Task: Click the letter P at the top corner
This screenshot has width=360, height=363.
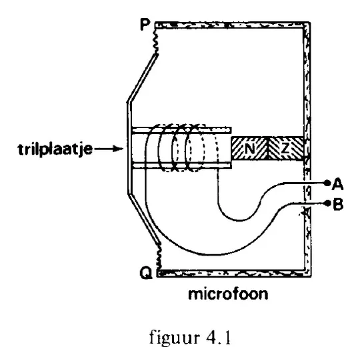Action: click(145, 25)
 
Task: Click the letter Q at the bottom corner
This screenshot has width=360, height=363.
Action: click(146, 272)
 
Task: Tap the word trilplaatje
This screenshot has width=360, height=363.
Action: click(55, 149)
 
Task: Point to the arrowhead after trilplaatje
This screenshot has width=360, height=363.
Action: click(119, 149)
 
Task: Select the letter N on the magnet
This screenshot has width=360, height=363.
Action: click(249, 148)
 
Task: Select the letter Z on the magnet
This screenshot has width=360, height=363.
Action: click(285, 148)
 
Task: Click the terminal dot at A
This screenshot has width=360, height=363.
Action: click(327, 183)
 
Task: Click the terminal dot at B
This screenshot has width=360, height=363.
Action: click(327, 204)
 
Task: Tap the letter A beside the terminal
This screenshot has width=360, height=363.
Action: click(337, 185)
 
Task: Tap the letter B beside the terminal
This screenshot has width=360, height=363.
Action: click(338, 205)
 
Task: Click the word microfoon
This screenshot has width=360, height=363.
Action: click(228, 294)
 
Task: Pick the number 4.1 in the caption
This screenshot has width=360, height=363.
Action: click(218, 337)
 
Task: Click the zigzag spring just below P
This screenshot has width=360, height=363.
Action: click(155, 41)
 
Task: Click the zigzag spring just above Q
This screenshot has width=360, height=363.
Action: click(158, 256)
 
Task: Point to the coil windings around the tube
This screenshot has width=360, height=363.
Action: click(181, 148)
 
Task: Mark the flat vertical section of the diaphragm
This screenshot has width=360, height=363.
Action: click(129, 148)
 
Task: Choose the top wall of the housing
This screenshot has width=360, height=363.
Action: click(233, 25)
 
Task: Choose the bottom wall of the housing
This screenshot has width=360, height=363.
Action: click(234, 274)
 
